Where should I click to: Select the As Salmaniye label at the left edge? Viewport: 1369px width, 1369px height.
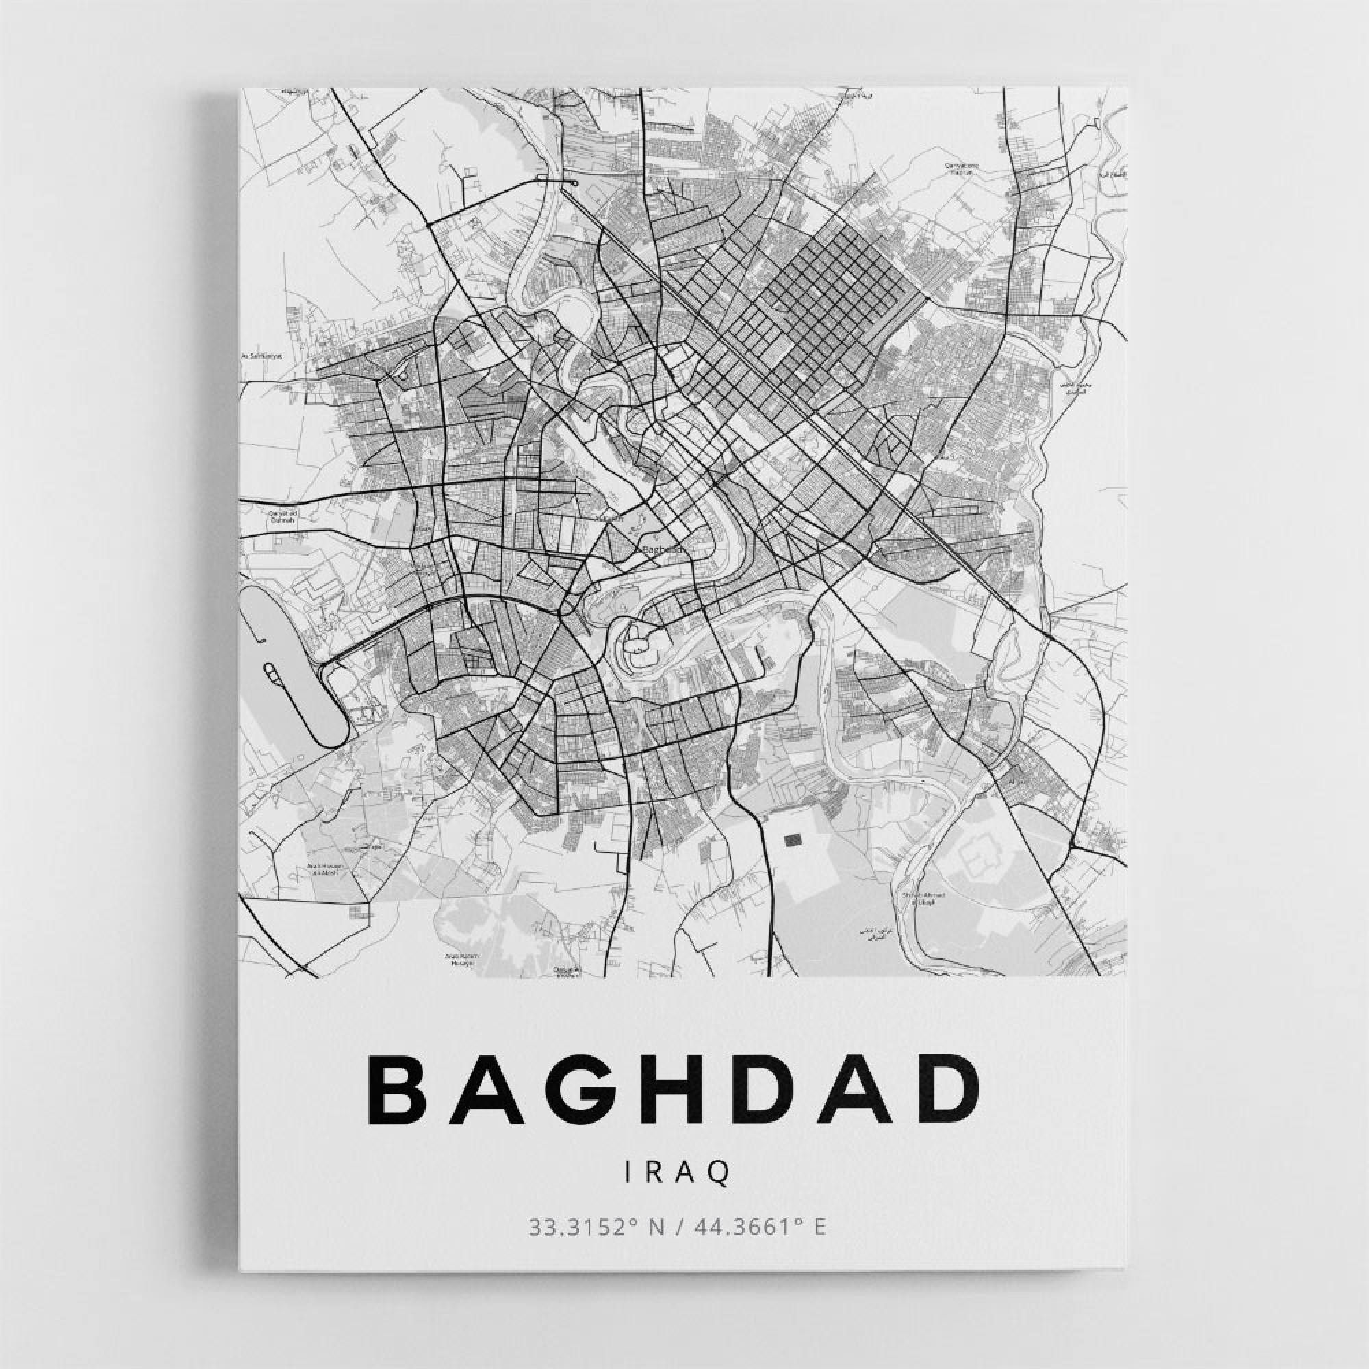click(262, 357)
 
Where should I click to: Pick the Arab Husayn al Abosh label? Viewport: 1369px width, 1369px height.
click(324, 870)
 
